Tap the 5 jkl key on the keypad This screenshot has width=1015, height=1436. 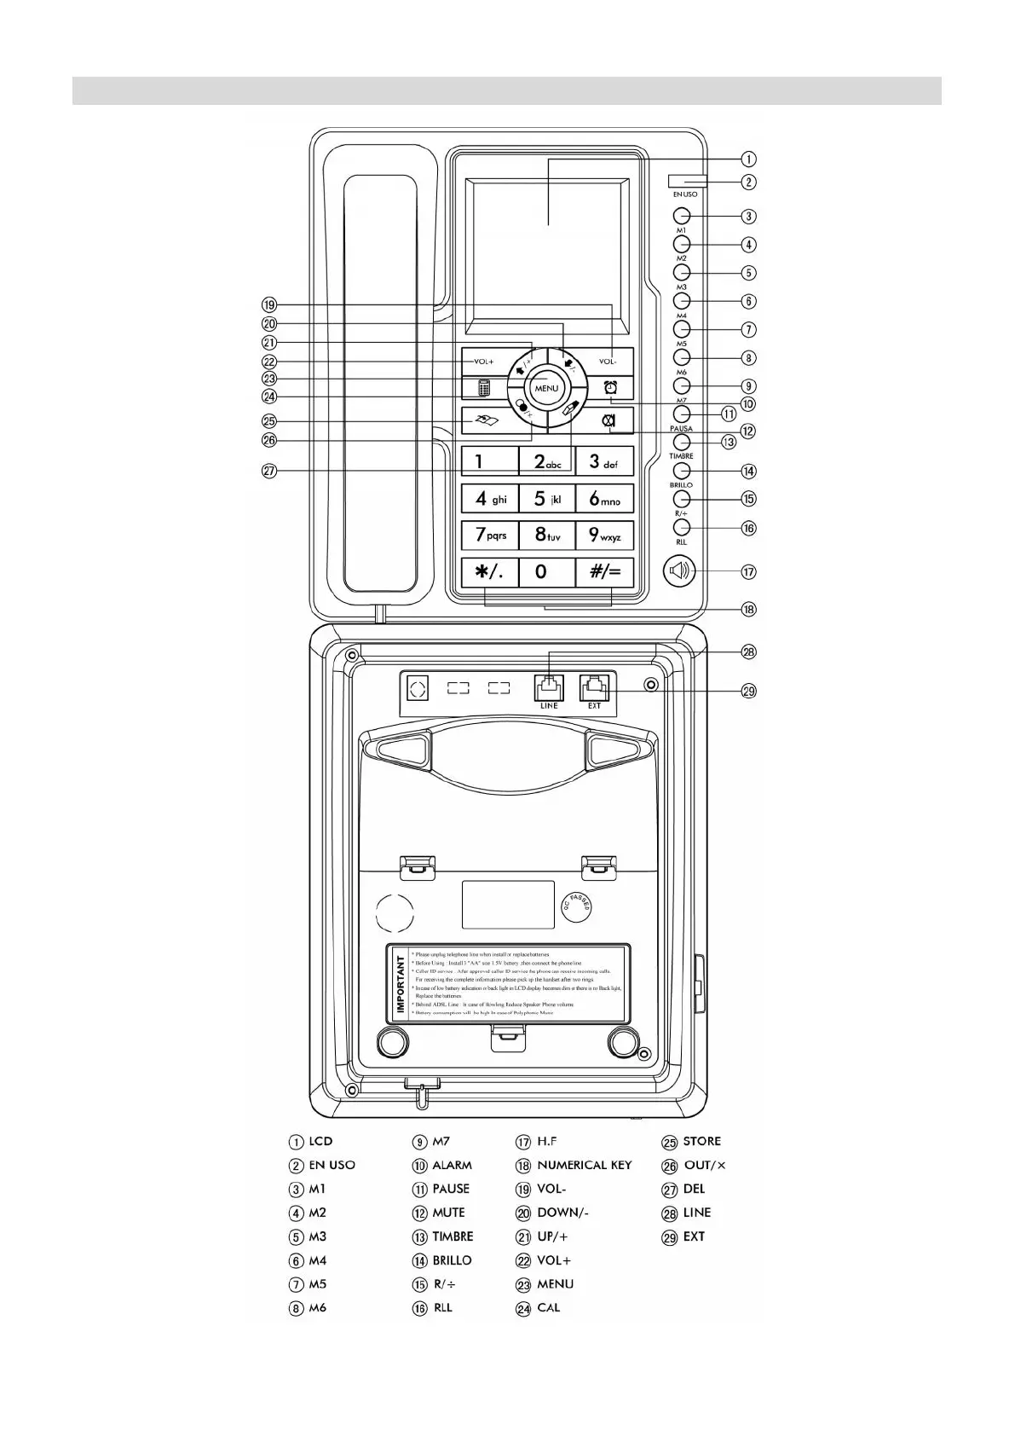click(546, 499)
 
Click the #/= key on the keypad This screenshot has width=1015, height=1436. click(604, 571)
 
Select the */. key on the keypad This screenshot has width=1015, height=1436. click(489, 571)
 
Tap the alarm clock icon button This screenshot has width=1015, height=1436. click(610, 388)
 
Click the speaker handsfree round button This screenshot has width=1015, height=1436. click(679, 570)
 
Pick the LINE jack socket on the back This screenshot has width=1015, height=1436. click(549, 686)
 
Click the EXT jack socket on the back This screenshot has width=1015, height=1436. click(594, 686)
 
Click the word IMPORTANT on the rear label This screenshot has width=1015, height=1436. click(401, 984)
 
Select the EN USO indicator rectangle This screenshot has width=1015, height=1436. click(688, 181)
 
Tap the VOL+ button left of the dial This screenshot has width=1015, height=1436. click(484, 362)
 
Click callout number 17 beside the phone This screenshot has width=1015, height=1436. click(748, 572)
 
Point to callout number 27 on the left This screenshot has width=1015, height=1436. click(269, 471)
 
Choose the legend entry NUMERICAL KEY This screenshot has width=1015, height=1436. click(584, 1165)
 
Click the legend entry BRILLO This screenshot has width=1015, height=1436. click(452, 1260)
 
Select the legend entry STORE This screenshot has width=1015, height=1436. click(701, 1141)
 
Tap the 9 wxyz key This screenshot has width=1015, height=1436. click(604, 536)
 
